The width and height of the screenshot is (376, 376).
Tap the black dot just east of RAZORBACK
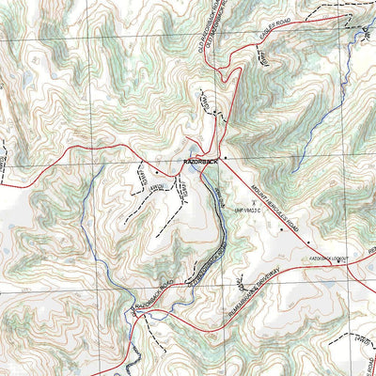click(x=226, y=157)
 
